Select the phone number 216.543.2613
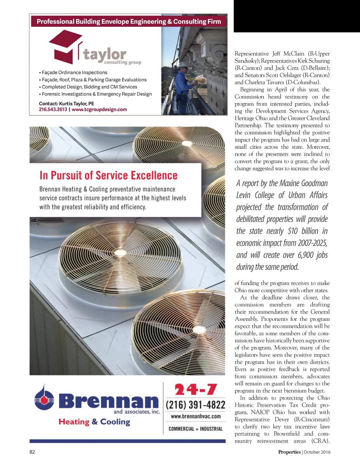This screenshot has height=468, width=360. pos(53,109)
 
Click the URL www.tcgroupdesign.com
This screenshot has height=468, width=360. pos(99,109)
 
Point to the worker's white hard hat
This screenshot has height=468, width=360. pos(183,65)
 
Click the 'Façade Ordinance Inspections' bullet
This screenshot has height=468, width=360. pos(74,72)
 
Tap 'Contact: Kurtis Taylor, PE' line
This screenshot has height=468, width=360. pos(66,103)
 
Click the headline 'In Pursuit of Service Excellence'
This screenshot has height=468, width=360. pos(108,175)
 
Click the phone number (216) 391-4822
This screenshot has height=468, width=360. pos(195,405)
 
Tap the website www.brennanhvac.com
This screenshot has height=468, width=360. pos(195,416)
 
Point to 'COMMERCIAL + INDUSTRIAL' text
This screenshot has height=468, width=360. pos(195,429)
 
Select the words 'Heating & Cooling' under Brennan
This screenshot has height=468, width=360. pos(94,422)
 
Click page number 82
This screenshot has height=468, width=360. pos(32,452)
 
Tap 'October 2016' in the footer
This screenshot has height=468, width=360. pos(317,452)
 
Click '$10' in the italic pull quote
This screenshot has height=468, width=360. pos(292,231)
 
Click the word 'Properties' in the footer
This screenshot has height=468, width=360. pos(289,452)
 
